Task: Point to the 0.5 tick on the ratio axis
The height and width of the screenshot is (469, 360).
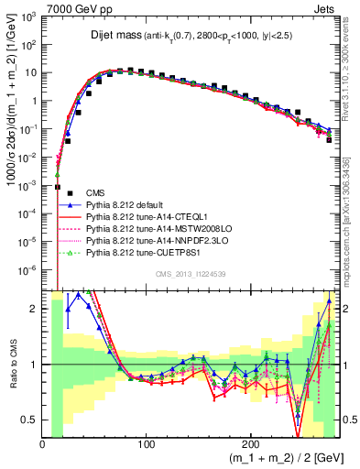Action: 33,420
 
